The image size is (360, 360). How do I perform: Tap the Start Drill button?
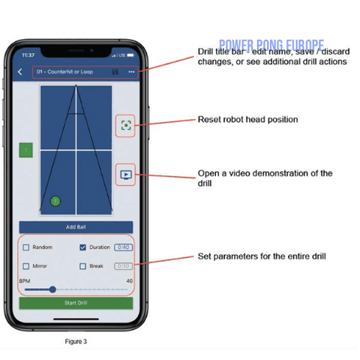click(76, 303)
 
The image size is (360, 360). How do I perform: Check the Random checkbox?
click(26, 247)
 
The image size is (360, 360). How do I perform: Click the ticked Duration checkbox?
click(82, 247)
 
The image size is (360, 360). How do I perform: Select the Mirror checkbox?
click(26, 265)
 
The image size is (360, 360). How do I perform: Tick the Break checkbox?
click(82, 265)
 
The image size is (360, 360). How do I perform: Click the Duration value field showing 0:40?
click(124, 247)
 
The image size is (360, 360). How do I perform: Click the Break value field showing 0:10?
click(123, 265)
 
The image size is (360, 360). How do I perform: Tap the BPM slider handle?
click(52, 289)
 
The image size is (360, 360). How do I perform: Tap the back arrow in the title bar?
click(20, 72)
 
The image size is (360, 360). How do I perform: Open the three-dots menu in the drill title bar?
click(132, 72)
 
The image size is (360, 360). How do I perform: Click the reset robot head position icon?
click(125, 125)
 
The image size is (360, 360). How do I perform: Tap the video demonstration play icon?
click(125, 175)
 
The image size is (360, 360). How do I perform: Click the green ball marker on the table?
click(55, 200)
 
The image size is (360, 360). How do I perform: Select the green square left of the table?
click(26, 150)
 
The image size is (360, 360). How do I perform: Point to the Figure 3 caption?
click(76, 341)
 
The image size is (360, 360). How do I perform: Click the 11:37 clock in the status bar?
click(28, 55)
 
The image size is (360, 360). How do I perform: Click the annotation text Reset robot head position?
click(247, 119)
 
